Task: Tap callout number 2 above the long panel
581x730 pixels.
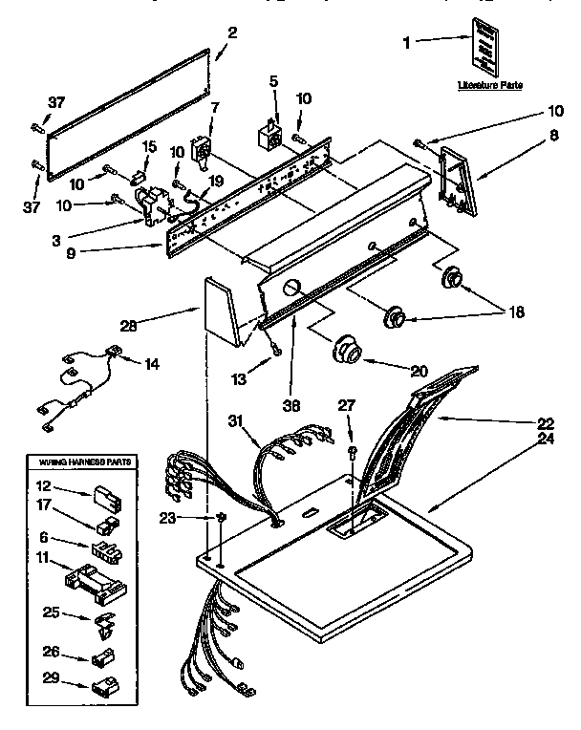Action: tap(232, 33)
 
